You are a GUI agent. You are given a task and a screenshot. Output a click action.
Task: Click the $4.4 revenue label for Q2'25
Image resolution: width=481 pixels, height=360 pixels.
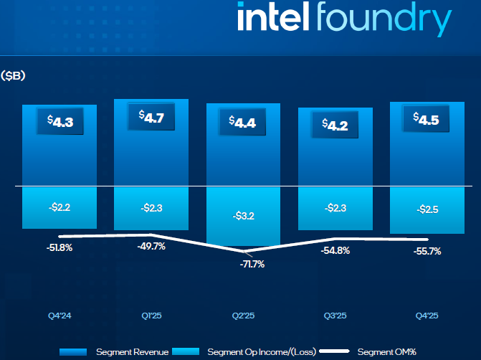[x=243, y=121]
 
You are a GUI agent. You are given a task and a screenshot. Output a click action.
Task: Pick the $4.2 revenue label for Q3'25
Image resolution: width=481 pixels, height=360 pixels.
[x=335, y=125]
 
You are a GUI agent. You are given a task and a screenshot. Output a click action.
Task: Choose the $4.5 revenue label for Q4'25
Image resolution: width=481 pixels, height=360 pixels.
[x=427, y=119]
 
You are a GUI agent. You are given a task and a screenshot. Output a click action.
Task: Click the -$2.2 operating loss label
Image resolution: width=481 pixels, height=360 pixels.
[x=59, y=207]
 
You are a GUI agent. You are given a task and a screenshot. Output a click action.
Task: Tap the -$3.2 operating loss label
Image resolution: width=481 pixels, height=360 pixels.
[x=243, y=214]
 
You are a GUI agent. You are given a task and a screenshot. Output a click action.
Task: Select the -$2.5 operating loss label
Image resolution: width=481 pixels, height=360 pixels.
[x=427, y=209]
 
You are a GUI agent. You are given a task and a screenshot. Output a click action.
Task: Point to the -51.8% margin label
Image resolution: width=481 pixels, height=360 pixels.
[x=59, y=247]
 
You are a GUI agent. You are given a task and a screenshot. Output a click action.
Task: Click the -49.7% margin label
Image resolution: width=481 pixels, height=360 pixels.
[x=151, y=247]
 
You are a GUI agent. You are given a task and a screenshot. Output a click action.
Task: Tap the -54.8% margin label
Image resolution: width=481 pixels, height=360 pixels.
[x=335, y=251]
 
